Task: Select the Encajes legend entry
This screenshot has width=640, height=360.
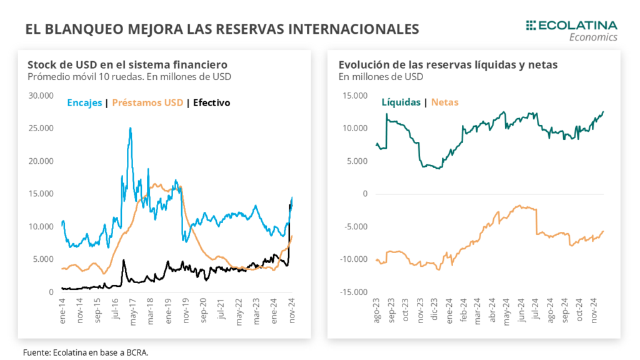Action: tap(84, 102)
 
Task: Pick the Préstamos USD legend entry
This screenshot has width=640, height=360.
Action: tap(147, 102)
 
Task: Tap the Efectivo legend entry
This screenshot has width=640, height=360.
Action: tap(211, 102)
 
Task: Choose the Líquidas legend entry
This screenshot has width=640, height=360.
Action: tap(401, 102)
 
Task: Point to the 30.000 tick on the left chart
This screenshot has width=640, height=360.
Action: tap(41, 96)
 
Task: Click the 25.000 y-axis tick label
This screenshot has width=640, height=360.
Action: tap(41, 128)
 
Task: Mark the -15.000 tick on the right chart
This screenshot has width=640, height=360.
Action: tap(351, 292)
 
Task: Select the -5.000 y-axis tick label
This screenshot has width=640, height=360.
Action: tap(353, 226)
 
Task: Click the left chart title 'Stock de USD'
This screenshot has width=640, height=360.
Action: tap(127, 65)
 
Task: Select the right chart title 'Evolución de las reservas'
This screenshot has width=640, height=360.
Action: tap(448, 65)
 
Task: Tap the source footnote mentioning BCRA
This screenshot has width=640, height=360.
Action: tap(85, 352)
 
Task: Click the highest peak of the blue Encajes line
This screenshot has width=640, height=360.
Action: tap(130, 127)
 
